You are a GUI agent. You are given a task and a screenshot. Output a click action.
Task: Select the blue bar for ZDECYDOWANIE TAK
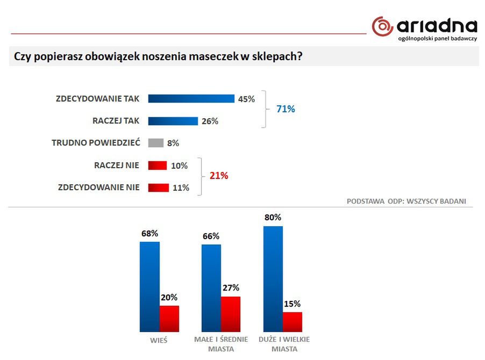point(191,99)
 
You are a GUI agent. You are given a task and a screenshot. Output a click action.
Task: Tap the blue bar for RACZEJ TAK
point(173,121)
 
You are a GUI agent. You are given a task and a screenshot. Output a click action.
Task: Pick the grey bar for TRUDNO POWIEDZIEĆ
point(155,143)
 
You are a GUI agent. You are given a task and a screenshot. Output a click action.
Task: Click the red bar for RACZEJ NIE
point(158,165)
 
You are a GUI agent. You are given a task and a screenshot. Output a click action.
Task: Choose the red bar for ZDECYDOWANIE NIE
point(159,188)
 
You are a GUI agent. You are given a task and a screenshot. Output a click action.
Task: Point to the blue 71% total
point(286,109)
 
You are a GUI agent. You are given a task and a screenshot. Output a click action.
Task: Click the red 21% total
point(218,176)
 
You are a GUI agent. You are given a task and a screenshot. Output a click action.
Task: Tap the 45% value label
point(246,99)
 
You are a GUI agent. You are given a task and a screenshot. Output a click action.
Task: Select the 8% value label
point(173,143)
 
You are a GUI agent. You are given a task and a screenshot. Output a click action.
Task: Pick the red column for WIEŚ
point(169,318)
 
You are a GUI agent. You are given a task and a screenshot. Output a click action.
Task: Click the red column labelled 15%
point(293,321)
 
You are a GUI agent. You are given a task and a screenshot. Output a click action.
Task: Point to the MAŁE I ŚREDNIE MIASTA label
point(221,344)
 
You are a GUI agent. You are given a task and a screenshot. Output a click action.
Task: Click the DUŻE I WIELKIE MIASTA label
point(284,344)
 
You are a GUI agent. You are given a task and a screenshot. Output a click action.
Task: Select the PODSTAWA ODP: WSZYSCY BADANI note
point(406,201)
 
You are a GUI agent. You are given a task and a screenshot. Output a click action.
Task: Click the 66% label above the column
point(211,236)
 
